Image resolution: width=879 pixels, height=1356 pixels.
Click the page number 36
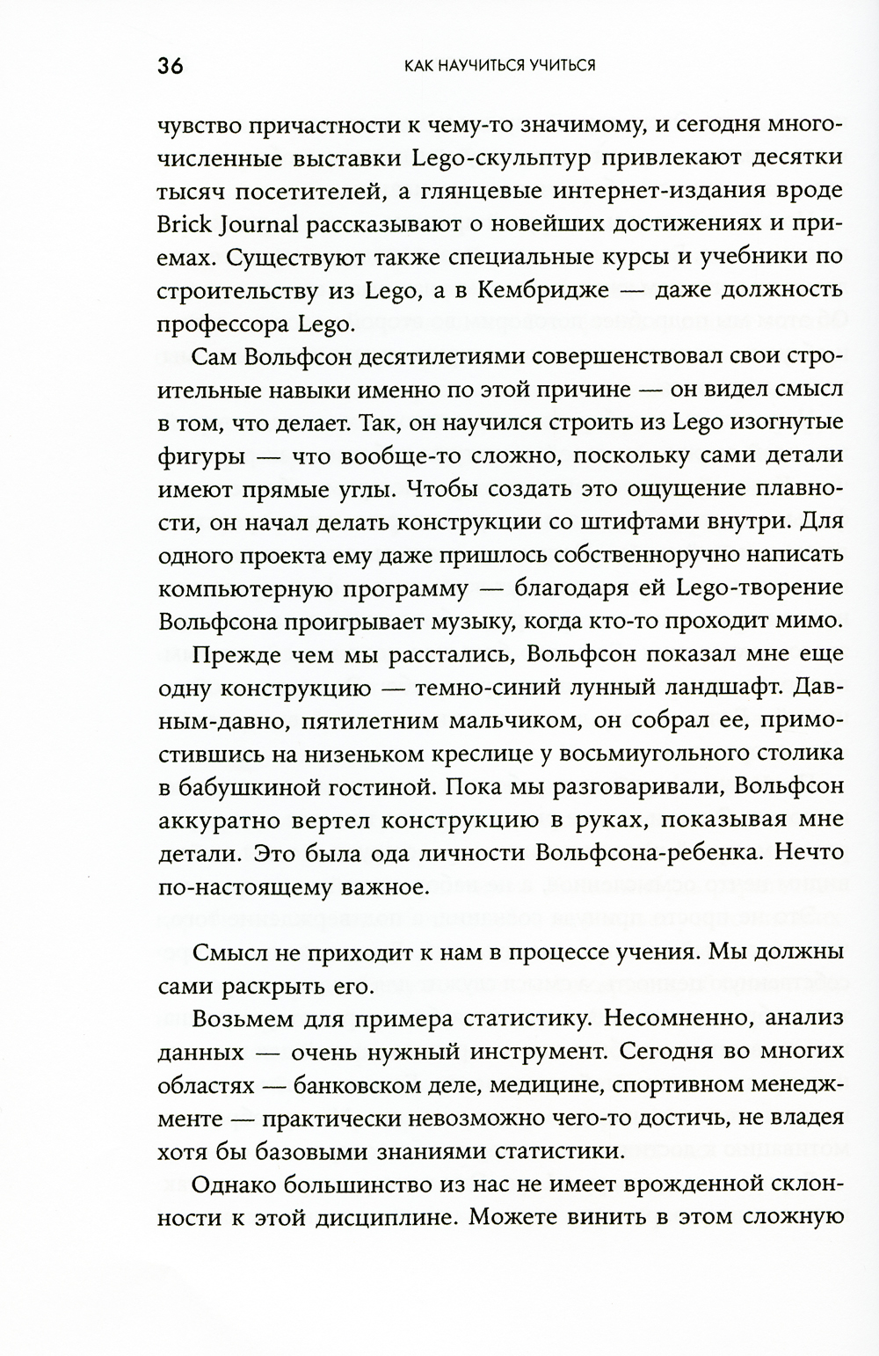(171, 67)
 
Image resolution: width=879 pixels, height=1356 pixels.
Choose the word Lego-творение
(752, 587)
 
